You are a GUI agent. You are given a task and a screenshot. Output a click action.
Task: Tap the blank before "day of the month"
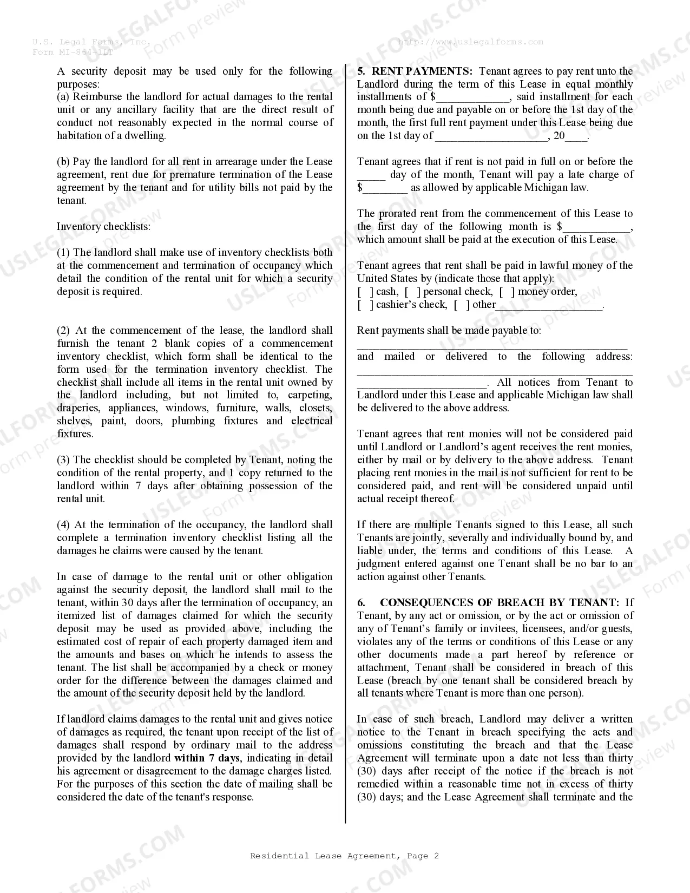click(371, 175)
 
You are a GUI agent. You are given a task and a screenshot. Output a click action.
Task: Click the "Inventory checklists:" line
click(104, 226)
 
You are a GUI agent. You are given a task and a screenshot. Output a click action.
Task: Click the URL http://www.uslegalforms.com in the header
click(470, 42)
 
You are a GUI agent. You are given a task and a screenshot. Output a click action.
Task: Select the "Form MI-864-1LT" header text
click(73, 52)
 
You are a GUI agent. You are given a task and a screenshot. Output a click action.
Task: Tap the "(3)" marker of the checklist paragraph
click(64, 459)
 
